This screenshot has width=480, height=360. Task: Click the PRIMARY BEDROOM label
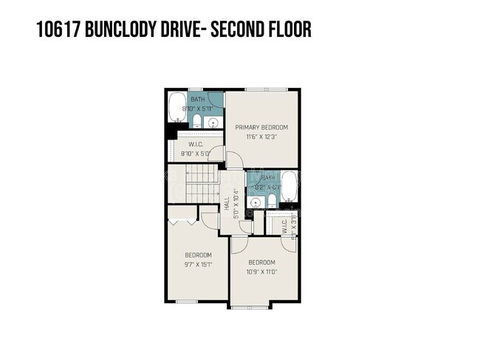click(x=261, y=127)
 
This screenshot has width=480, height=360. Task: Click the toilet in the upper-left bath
click(x=197, y=121)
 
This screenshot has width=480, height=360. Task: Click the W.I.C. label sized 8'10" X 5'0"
click(x=196, y=145)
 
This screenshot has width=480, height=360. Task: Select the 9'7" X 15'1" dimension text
click(x=198, y=264)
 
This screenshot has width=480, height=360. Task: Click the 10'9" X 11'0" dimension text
click(x=261, y=272)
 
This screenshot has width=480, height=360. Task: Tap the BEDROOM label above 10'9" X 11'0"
click(x=261, y=263)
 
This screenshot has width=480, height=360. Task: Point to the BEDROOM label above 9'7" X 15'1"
click(x=198, y=255)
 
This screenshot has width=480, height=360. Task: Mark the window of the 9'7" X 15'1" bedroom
click(x=186, y=302)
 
